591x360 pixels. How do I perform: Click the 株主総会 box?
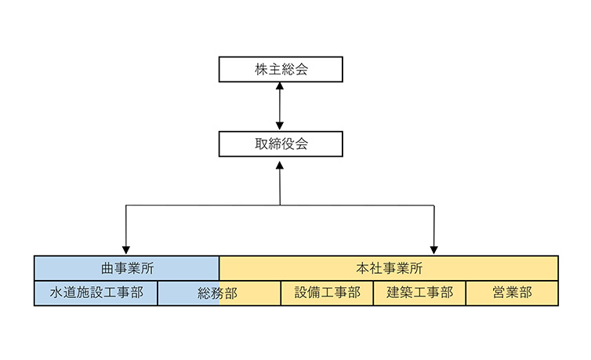[281, 69]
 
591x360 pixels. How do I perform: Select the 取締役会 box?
[281, 144]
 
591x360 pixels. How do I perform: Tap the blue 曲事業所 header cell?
[126, 268]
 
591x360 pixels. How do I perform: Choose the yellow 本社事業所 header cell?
[389, 268]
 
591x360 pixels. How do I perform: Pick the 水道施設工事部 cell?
[96, 293]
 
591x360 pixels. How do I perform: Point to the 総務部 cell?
[219, 293]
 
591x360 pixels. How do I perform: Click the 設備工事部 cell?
[327, 293]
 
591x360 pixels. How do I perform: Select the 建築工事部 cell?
[419, 293]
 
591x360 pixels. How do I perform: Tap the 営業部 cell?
[512, 293]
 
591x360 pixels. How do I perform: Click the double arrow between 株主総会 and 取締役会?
[280, 106]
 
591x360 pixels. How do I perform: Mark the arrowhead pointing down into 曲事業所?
[126, 250]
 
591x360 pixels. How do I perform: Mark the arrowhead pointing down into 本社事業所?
[433, 250]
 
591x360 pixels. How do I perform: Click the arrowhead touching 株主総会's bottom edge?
[280, 86]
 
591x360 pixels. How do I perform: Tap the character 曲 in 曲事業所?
[107, 268]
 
